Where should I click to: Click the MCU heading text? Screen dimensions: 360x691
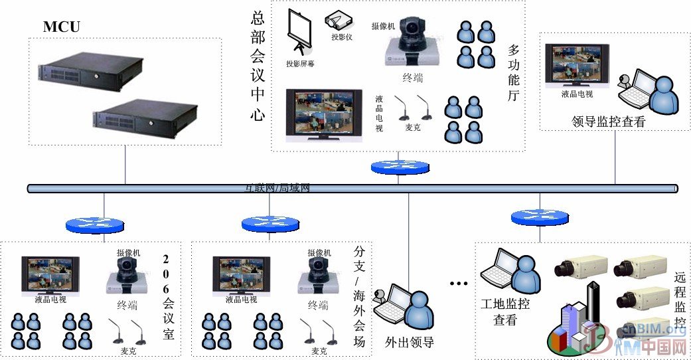point(62,27)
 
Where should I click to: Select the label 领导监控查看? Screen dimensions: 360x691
point(607,122)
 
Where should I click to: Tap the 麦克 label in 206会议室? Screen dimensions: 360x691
point(128,350)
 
